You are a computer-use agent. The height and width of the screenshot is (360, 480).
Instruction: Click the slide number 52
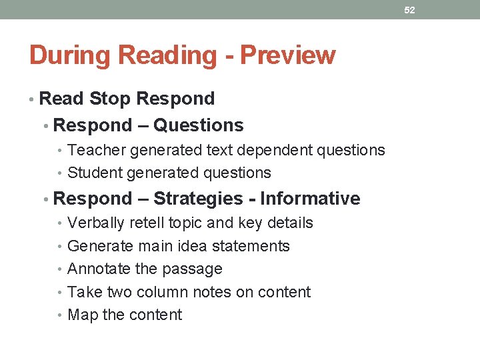409,10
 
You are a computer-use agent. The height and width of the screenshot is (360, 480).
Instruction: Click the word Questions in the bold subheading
198,125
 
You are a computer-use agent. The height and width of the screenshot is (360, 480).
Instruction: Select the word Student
95,173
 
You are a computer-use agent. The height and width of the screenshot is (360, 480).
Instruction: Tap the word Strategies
198,199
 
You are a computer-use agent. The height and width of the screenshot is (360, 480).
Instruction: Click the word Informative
310,199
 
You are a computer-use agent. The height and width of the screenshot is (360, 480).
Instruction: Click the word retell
145,223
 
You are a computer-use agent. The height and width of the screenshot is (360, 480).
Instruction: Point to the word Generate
101,246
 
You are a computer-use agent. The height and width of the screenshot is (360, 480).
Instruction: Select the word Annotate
99,269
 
